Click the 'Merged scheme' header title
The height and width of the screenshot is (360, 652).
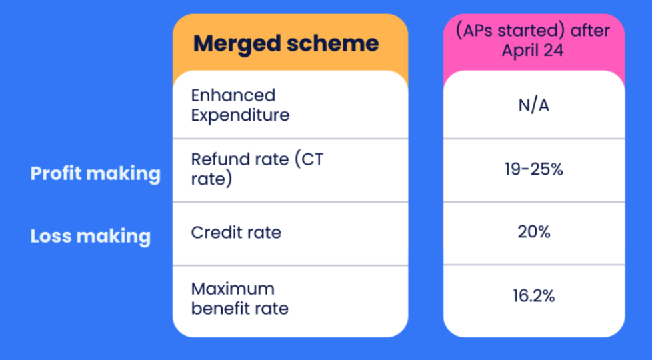point(286,44)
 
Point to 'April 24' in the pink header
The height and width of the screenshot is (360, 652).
point(533,50)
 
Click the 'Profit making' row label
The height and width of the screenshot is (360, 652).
point(95,173)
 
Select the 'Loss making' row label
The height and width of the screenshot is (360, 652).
point(90,236)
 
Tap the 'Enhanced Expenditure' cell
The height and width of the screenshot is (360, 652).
point(240,105)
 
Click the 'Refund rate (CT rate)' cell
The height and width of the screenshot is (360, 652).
point(257,169)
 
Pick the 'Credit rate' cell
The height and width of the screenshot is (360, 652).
point(236,233)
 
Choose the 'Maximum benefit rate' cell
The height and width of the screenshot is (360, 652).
point(239,299)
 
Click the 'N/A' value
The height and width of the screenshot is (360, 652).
point(533,105)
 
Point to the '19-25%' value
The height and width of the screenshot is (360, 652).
point(533,169)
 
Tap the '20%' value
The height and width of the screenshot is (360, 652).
point(533,233)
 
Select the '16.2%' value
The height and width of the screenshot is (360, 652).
point(533,296)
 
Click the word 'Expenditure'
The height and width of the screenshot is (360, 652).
point(240,115)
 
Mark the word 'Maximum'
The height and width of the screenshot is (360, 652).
point(233,289)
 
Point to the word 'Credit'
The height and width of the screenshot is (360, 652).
point(213,233)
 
